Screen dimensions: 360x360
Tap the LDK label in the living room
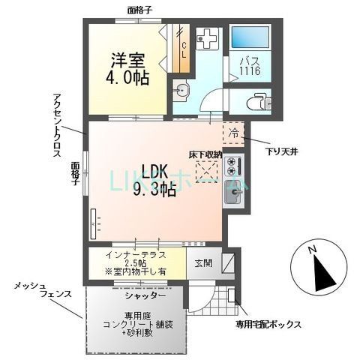(x=156, y=172)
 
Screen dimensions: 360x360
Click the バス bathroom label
(x=249, y=63)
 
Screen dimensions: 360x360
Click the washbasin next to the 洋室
(x=183, y=92)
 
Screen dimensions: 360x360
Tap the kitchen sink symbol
(x=234, y=196)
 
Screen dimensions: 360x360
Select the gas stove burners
(x=233, y=164)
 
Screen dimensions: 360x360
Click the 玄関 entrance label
(x=204, y=263)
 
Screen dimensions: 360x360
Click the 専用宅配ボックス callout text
(x=268, y=324)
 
